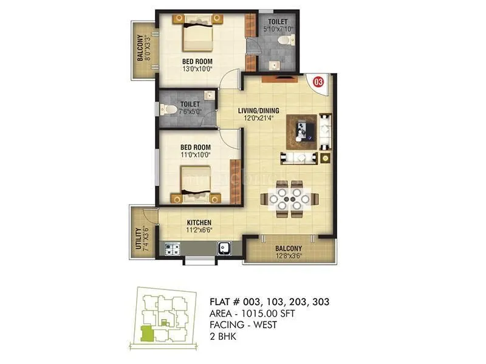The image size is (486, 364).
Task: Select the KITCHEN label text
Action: [199, 222]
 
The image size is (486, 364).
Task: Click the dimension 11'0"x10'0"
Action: [196, 155]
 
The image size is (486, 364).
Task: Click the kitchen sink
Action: [224, 248]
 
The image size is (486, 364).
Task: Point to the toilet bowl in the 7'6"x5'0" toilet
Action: [172, 110]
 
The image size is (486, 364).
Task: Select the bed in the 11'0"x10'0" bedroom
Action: [196, 182]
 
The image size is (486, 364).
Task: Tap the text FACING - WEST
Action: [243, 325]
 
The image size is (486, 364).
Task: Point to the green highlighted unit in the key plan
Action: [146, 333]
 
